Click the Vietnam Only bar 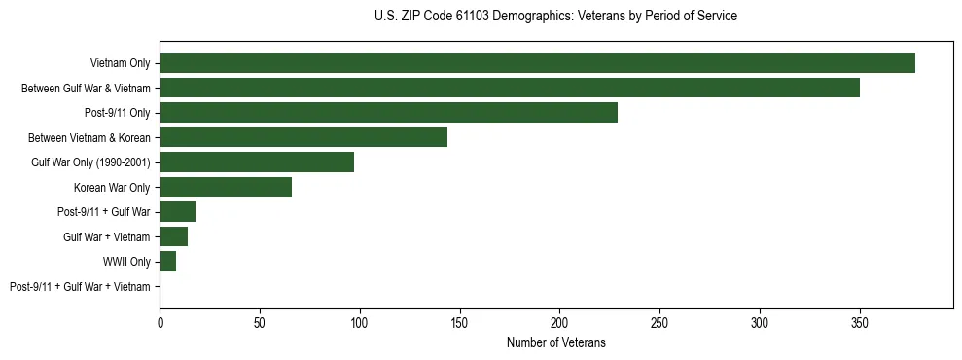click(x=537, y=63)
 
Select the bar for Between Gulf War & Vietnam click(x=510, y=88)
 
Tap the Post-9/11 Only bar click(x=388, y=113)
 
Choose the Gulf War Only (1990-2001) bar click(x=257, y=162)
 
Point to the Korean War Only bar click(x=226, y=187)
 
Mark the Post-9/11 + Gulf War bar click(x=178, y=212)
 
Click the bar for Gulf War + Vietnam click(x=174, y=236)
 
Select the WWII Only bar click(x=168, y=262)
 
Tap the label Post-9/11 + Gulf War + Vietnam click(x=80, y=287)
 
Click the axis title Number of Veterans click(x=555, y=342)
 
